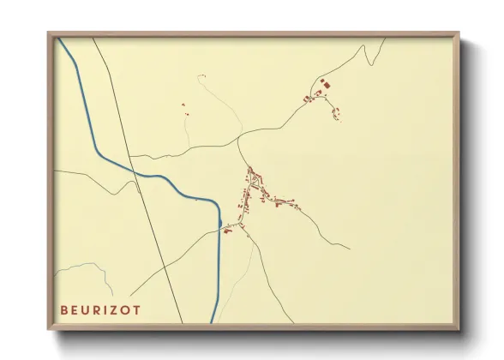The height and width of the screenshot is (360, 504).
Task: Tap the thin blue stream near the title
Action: click(x=86, y=265)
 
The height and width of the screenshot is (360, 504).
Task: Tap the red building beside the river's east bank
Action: click(x=224, y=229)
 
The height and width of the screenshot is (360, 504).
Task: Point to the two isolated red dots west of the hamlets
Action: click(x=183, y=108)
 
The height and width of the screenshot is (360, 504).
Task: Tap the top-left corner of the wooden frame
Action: click(x=49, y=34)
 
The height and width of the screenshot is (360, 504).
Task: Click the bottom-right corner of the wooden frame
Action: click(x=458, y=328)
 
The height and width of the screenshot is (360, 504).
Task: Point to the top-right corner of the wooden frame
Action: click(x=458, y=34)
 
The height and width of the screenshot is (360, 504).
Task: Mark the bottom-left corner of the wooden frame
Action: click(x=49, y=328)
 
